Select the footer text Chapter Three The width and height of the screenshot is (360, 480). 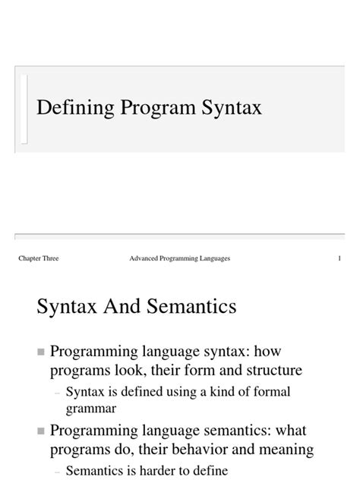click(x=38, y=260)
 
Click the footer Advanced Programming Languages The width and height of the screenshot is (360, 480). click(x=180, y=260)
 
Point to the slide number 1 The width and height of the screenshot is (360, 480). click(x=339, y=260)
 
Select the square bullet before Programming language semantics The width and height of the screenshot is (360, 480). click(x=40, y=431)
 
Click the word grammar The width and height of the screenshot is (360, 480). click(x=90, y=408)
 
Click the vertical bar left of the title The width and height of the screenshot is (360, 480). click(x=25, y=109)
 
